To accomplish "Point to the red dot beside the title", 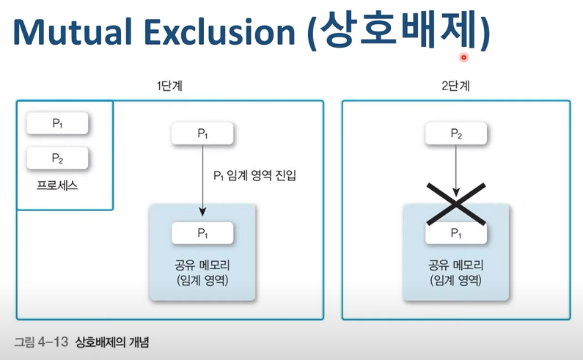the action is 463,57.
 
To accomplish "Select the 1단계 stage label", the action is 169,86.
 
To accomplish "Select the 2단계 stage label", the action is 455,86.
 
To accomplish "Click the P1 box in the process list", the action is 57,123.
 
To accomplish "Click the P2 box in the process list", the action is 57,158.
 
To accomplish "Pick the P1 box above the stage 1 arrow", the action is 202,133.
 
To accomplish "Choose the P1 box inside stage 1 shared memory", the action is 202,232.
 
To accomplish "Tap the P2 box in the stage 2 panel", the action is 456,133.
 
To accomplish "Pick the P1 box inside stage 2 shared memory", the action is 456,233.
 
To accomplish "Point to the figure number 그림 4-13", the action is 41,342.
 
